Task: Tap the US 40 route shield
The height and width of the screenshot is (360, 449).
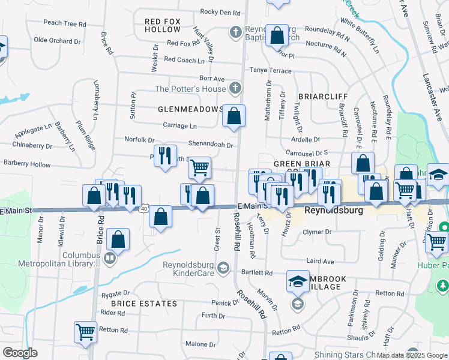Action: click(x=144, y=208)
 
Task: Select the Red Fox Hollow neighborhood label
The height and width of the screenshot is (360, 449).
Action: click(x=163, y=25)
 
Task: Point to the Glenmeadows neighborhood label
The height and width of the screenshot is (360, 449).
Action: click(x=190, y=110)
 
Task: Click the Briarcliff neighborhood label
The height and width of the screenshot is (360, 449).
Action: click(x=322, y=96)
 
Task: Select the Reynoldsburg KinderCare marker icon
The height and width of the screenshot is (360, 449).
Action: click(x=223, y=267)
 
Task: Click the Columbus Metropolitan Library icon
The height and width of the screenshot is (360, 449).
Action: click(x=109, y=259)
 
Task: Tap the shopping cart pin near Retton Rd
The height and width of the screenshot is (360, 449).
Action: click(x=85, y=331)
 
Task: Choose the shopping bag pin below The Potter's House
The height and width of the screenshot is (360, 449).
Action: click(x=234, y=115)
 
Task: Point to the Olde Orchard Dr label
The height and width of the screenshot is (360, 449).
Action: click(x=57, y=41)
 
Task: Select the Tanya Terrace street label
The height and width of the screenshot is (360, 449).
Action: click(x=270, y=71)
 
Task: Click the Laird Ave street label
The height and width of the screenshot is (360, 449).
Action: click(x=320, y=262)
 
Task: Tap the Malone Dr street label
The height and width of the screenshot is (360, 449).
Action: click(x=200, y=344)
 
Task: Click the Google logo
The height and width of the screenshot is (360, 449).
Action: click(x=20, y=353)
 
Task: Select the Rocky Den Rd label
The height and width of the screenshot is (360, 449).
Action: click(x=220, y=12)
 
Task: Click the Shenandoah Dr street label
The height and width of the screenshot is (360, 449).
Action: click(x=211, y=145)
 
